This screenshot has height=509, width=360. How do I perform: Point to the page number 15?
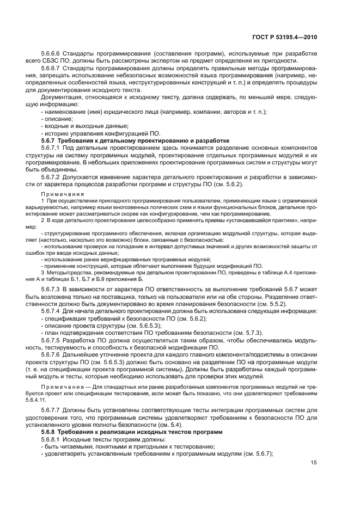coord(314,463)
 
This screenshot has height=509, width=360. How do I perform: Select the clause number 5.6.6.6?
coord(52,54)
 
